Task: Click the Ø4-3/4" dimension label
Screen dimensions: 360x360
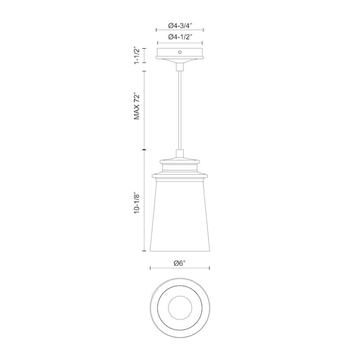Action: (x=180, y=26)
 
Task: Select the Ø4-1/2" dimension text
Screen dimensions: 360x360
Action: (x=180, y=37)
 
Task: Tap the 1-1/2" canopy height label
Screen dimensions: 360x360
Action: (x=137, y=55)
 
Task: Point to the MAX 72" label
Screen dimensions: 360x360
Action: (x=137, y=106)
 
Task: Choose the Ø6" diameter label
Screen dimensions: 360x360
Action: (x=180, y=263)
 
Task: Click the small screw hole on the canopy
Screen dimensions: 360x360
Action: (x=180, y=52)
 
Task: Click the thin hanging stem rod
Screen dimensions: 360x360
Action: (x=180, y=110)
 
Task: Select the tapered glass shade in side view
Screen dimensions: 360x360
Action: (x=180, y=216)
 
